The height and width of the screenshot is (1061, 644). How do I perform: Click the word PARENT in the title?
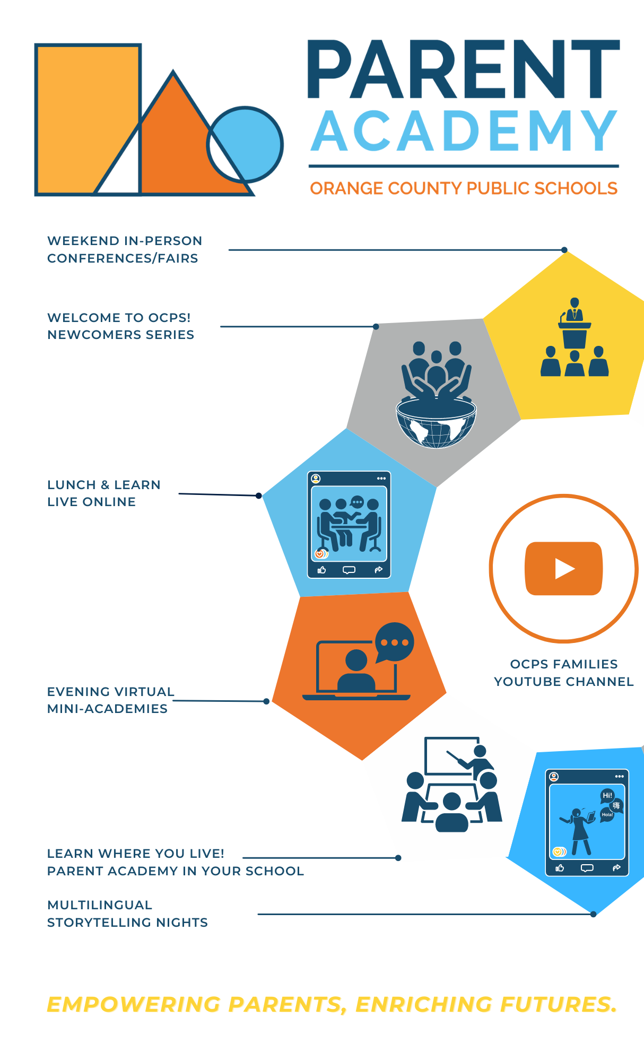tap(463, 70)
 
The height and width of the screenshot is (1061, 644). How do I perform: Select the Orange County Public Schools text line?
tap(464, 188)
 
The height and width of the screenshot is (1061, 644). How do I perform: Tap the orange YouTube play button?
tap(564, 569)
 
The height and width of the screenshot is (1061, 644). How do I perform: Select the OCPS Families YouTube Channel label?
tap(564, 673)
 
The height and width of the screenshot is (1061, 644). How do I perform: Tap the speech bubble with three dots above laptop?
tap(394, 642)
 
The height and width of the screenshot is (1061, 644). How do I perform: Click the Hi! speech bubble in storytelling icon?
tap(607, 795)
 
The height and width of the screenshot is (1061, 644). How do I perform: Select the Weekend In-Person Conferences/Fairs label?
tap(125, 249)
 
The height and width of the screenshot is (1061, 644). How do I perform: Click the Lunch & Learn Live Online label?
tap(104, 493)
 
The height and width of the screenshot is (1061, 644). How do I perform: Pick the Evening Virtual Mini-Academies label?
tap(110, 700)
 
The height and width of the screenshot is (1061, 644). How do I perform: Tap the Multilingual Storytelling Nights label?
tap(127, 914)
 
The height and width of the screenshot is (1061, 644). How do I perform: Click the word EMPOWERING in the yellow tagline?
tap(133, 1004)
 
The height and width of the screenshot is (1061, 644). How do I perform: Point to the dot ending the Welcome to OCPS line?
tap(376, 327)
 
